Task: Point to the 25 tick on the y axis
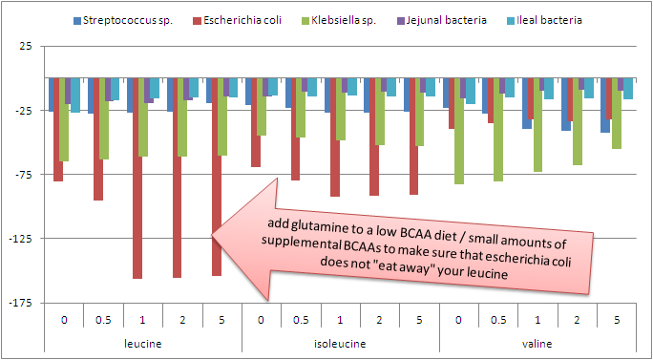tap(26, 47)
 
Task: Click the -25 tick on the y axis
tap(24, 111)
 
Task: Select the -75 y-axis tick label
tap(24, 175)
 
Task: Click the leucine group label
tap(143, 343)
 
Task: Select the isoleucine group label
tap(341, 343)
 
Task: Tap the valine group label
tap(538, 343)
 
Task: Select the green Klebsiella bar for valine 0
tap(459, 131)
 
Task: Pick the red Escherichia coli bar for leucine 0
tap(58, 129)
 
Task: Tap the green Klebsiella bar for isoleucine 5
tap(419, 112)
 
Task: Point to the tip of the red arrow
tap(211, 232)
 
